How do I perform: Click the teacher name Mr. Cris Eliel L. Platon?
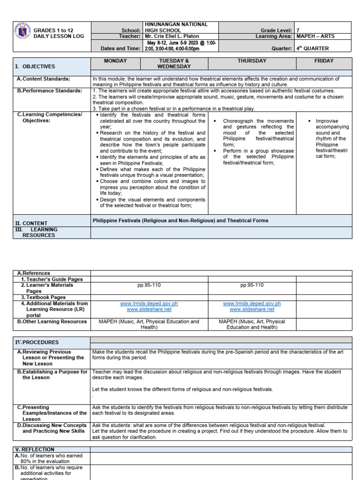click(x=172, y=36)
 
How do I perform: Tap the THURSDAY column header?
click(x=252, y=61)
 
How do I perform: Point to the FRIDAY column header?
click(x=324, y=61)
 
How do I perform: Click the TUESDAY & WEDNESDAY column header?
click(x=175, y=64)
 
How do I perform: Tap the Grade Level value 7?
click(x=298, y=30)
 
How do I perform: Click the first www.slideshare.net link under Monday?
click(x=149, y=309)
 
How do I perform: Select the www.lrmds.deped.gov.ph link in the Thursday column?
click(x=252, y=304)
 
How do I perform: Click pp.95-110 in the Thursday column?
click(x=252, y=285)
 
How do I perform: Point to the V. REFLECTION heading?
click(x=35, y=450)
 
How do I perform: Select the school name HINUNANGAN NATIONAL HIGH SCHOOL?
click(x=176, y=27)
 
